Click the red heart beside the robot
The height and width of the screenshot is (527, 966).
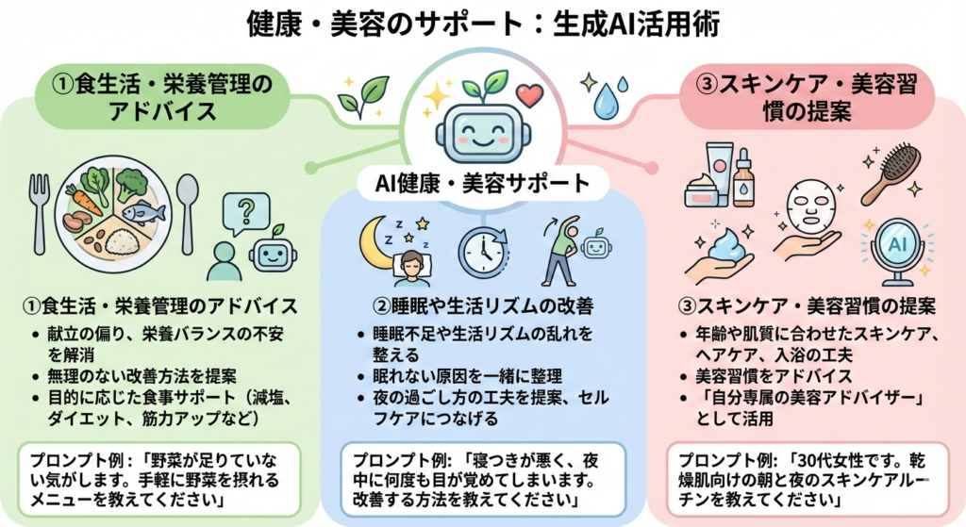[531, 96]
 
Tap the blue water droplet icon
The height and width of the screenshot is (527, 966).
[606, 100]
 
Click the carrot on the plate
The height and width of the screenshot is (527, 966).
[84, 200]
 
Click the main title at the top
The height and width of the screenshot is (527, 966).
[483, 23]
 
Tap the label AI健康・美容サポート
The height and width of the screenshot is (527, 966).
[482, 182]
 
